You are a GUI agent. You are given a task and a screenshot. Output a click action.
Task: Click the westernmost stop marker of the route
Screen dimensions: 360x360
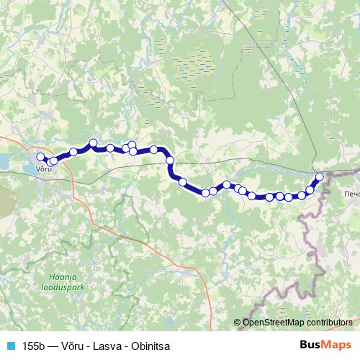[41, 156]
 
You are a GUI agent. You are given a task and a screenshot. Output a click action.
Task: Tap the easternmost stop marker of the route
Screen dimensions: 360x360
[320, 176]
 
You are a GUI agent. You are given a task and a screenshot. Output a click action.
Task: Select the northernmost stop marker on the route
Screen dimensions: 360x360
[93, 143]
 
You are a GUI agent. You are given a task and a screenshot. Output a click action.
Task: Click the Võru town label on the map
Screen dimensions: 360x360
[45, 169]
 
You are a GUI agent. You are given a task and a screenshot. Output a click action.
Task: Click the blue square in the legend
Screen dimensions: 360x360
[9, 345]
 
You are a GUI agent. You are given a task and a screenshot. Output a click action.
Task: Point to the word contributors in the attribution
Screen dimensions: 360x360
[330, 323]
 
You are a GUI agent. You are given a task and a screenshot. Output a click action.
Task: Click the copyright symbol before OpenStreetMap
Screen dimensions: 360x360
[238, 323]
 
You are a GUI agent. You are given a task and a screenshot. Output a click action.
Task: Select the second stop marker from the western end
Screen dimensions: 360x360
[53, 161]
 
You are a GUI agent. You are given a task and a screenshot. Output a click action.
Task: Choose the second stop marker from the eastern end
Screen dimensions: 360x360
[310, 190]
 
